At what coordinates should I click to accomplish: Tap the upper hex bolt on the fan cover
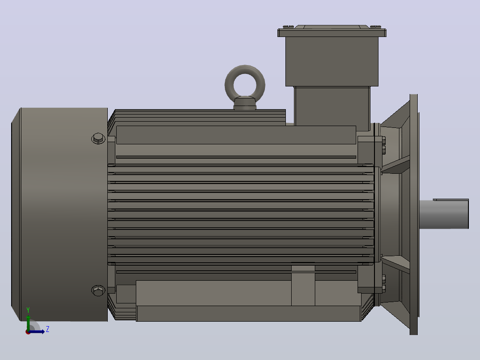point(98,139)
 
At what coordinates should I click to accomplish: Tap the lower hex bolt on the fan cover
point(98,290)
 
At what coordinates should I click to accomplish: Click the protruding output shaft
point(444,214)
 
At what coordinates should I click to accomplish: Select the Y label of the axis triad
point(28,310)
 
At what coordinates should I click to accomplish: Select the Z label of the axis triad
point(48,329)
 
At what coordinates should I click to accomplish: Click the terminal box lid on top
point(332,31)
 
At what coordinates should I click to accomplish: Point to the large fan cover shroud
point(60,214)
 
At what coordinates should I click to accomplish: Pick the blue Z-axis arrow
point(37,331)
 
